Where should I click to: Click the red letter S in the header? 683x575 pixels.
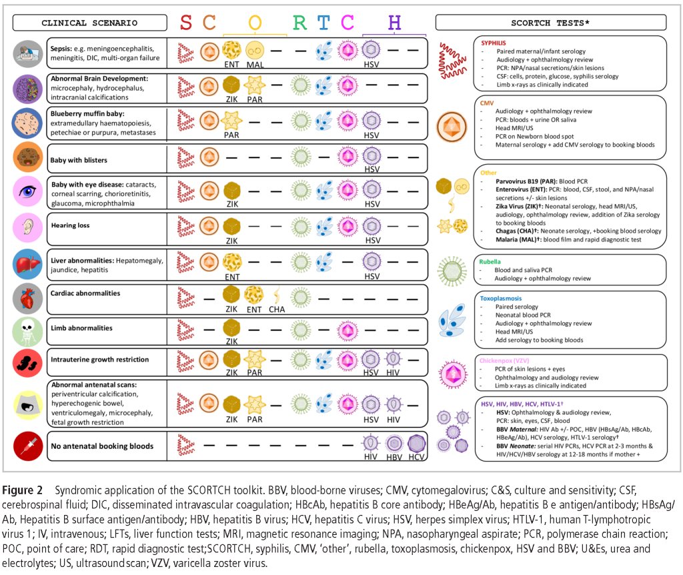click(187, 23)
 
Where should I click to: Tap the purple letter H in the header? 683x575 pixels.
click(395, 23)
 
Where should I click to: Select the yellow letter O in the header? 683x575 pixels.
click(255, 23)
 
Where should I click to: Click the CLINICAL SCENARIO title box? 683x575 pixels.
click(89, 23)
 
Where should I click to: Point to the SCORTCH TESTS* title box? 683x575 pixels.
click(551, 23)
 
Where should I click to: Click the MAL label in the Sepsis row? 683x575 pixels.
click(255, 65)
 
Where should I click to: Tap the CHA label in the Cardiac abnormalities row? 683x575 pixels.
click(277, 309)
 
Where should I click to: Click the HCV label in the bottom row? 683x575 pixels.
click(417, 456)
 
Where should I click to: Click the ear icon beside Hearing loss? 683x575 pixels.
click(28, 227)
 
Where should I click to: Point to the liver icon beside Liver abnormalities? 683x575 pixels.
click(28, 263)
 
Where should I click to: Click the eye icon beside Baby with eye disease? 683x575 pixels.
click(28, 192)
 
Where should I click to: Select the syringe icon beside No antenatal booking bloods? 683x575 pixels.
click(28, 446)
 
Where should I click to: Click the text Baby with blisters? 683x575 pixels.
click(79, 160)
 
